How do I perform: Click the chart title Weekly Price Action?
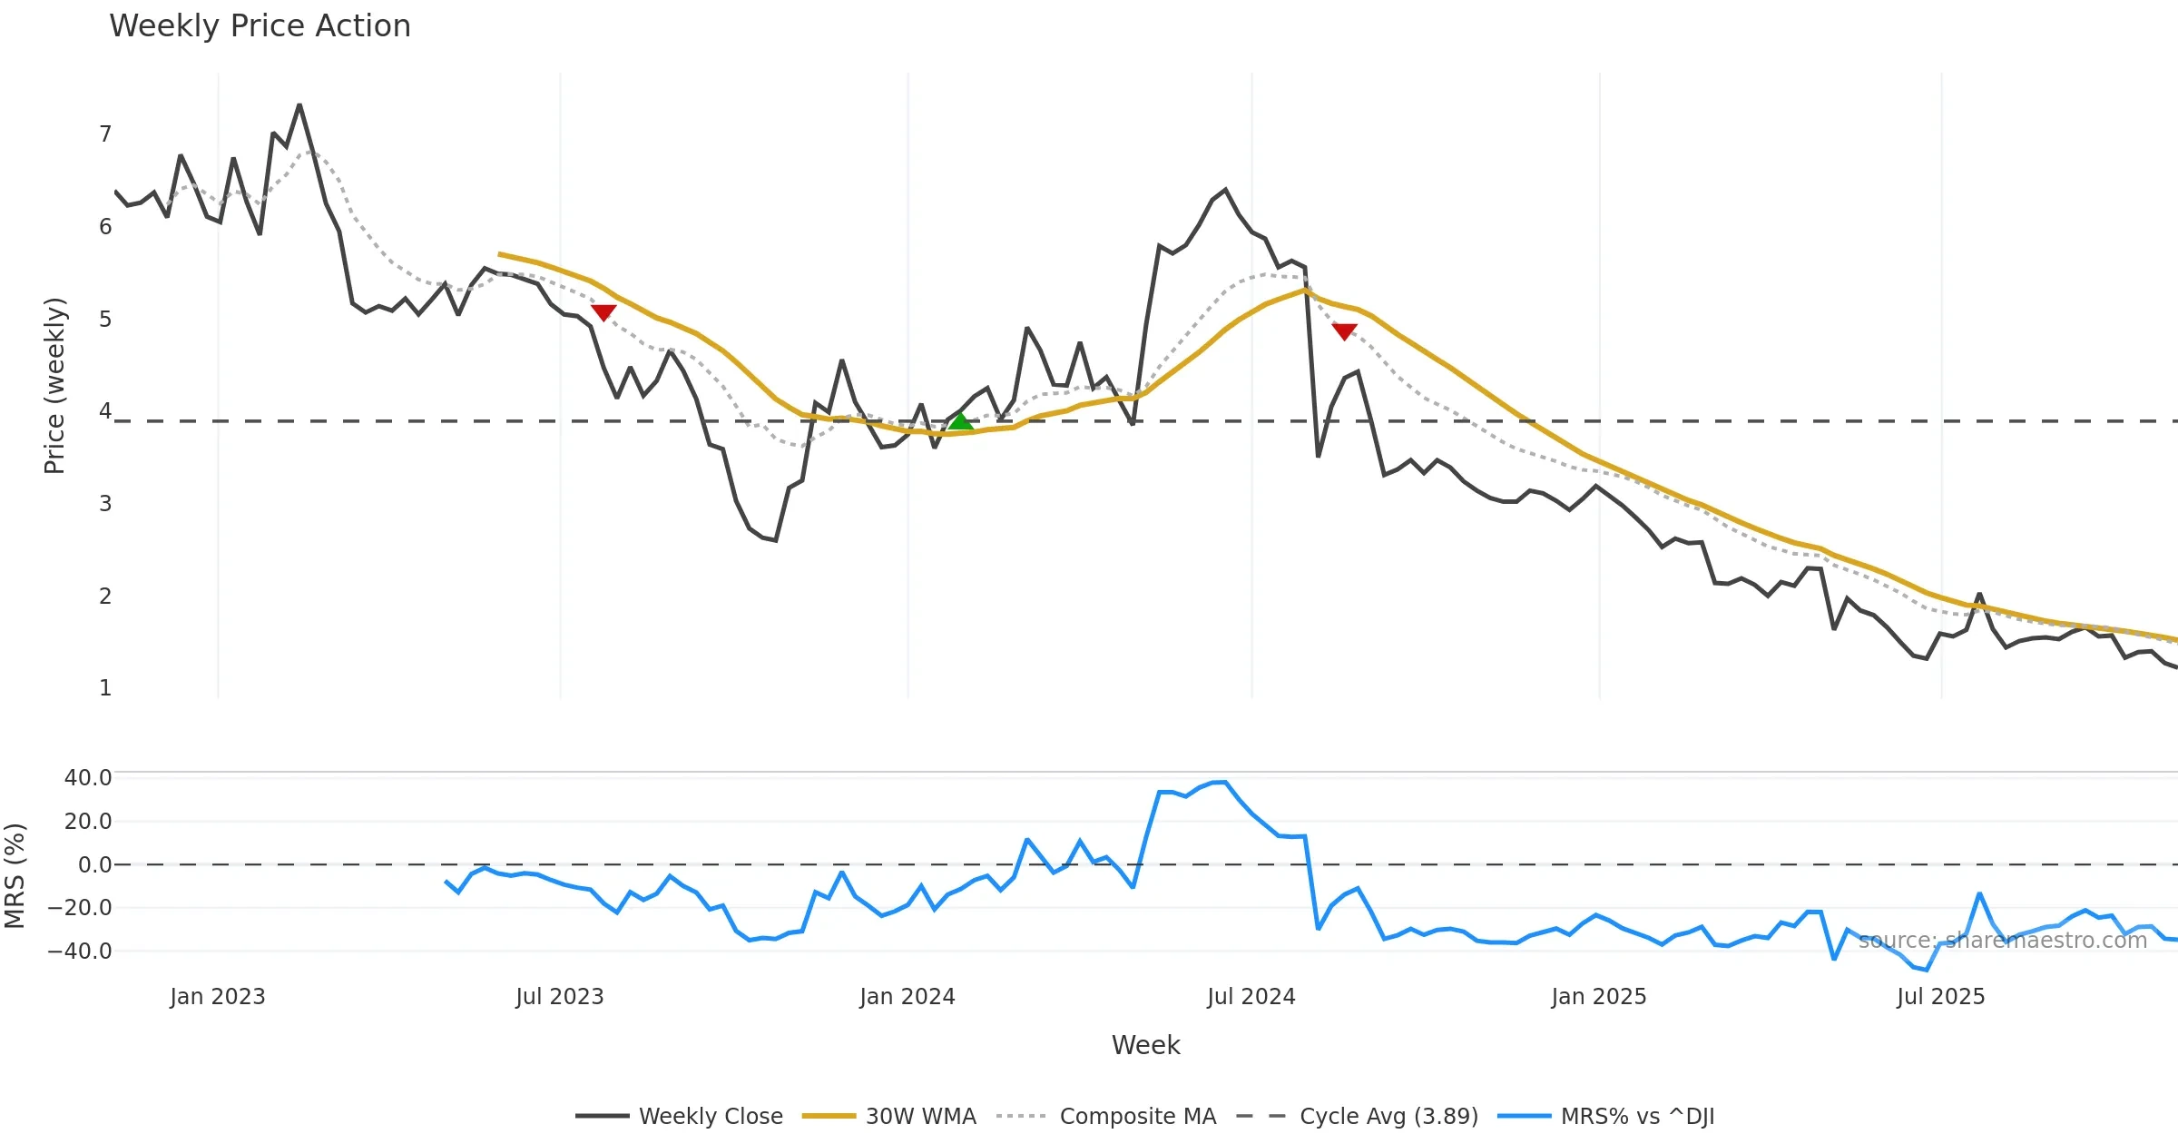point(260,26)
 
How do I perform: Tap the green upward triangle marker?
point(961,422)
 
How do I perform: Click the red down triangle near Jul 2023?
point(603,312)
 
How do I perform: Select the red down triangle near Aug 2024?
point(1344,331)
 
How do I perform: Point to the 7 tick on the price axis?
point(105,134)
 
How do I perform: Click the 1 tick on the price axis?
point(105,688)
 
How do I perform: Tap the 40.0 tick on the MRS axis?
point(88,778)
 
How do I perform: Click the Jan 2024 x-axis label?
point(907,997)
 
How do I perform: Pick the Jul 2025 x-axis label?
point(1940,997)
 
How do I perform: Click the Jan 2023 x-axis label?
point(218,997)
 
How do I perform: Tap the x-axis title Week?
point(1145,1046)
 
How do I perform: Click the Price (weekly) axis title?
point(54,386)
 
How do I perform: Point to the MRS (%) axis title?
point(15,876)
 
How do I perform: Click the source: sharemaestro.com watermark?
point(2003,941)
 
